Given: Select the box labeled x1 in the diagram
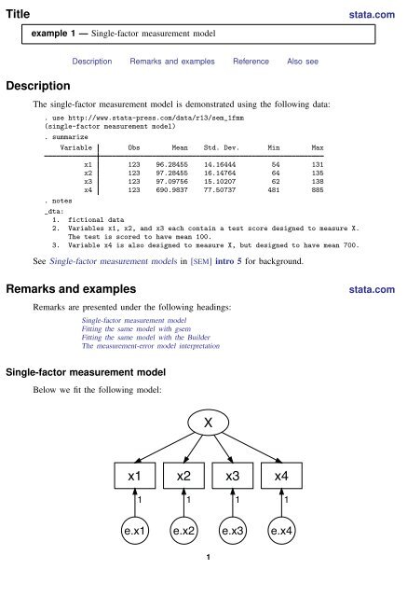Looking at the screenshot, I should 135,478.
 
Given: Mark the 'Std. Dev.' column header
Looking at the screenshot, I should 222,147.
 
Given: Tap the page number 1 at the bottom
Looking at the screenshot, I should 203,584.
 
